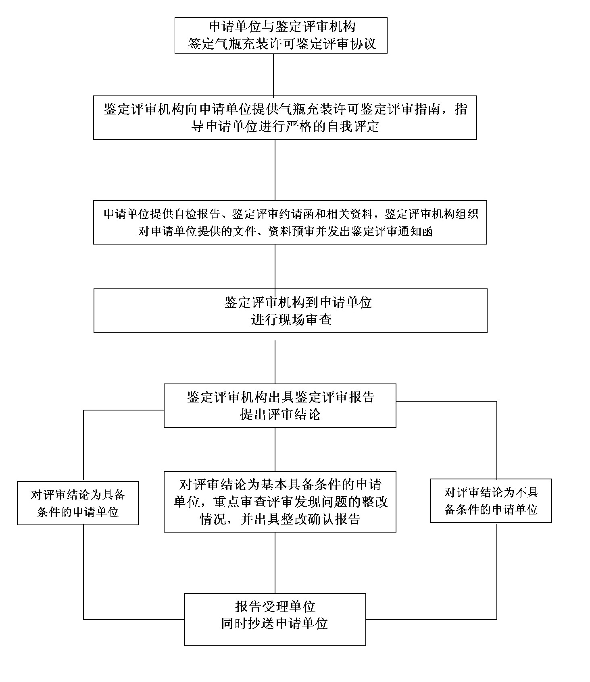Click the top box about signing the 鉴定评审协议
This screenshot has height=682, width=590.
coord(281,35)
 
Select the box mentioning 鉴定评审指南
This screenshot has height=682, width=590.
coord(285,118)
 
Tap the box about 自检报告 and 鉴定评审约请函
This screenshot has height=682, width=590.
coord(290,222)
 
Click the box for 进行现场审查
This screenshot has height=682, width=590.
coord(290,311)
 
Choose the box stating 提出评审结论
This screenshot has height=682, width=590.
coord(280,406)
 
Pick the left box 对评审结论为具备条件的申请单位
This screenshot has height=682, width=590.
coord(78,503)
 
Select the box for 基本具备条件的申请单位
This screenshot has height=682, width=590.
coord(280,502)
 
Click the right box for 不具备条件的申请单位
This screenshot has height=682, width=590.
coord(491,501)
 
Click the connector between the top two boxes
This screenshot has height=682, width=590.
coord(273,75)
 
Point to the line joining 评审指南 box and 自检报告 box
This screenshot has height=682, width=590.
coord(275,170)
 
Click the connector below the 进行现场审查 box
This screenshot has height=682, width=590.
coord(275,362)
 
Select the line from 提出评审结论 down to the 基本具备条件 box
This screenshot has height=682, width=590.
coord(275,449)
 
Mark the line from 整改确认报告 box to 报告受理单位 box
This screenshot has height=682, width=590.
coord(275,563)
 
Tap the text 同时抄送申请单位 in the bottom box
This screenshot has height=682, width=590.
coord(275,624)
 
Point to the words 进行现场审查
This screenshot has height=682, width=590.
coord(291,320)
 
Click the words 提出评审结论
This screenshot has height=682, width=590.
coord(280,415)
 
